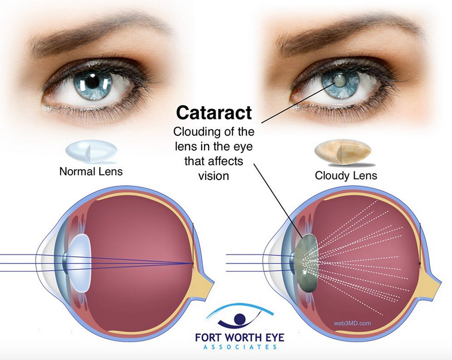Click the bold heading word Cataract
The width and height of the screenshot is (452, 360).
tap(214, 112)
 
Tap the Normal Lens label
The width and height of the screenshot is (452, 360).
tap(91, 171)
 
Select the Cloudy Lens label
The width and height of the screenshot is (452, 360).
tap(346, 175)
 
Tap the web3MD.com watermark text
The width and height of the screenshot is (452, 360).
tap(352, 323)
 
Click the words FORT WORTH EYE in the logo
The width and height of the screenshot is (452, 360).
tap(239, 338)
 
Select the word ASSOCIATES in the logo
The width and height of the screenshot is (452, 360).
tap(240, 347)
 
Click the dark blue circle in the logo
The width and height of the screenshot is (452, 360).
tap(239, 319)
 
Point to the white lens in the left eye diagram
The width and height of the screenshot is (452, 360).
tap(79, 263)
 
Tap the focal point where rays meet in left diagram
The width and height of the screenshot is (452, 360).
tap(193, 263)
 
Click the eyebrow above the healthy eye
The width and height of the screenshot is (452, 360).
tap(95, 32)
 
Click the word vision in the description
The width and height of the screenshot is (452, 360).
tap(214, 175)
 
